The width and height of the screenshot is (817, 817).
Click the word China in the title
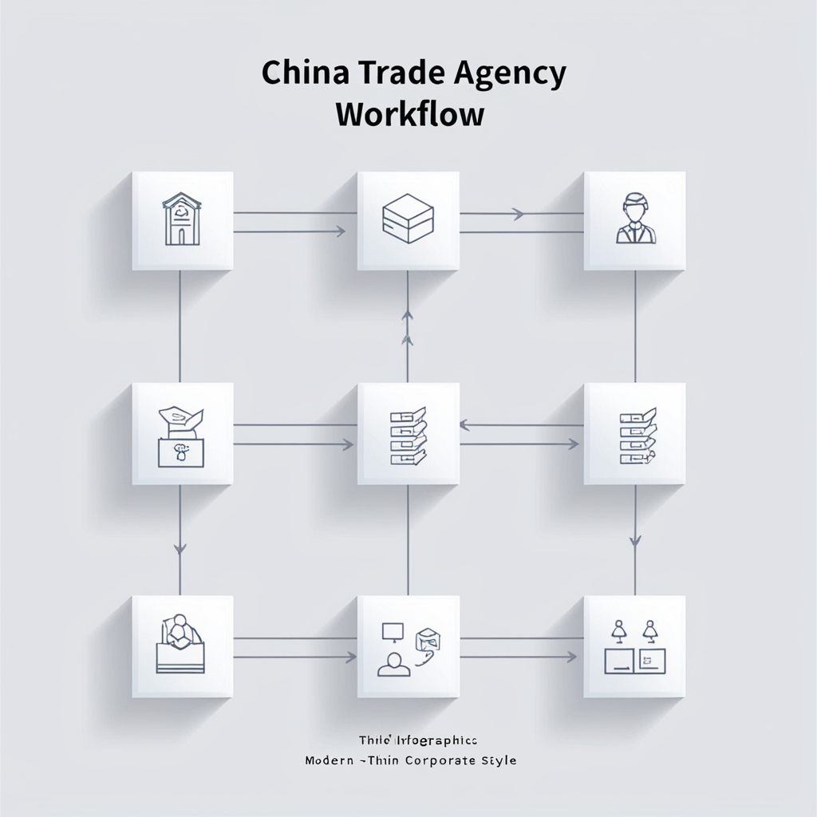tap(302, 73)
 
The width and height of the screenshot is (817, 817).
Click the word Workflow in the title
tap(409, 114)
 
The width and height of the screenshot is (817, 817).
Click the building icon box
tap(183, 220)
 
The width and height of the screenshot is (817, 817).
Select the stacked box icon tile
tap(408, 220)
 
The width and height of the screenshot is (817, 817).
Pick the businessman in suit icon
tap(634, 220)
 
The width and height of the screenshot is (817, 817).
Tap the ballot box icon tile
tap(183, 433)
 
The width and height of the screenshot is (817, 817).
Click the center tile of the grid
tap(408, 433)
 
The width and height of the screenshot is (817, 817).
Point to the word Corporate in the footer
tap(432, 760)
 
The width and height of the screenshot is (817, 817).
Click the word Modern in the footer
tap(330, 760)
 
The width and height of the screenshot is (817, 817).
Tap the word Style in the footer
tap(499, 760)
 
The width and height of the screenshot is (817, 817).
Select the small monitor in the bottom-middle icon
tap(392, 632)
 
